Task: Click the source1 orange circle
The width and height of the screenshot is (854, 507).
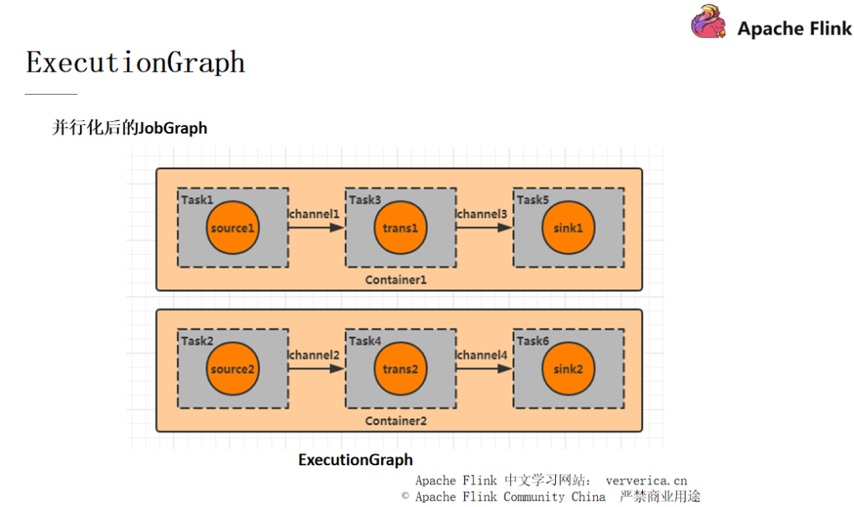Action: [x=232, y=228]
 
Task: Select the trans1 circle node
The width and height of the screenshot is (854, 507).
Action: [x=400, y=228]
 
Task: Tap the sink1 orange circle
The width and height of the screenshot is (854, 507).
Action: [x=568, y=228]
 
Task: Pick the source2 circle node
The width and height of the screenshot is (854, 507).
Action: [x=232, y=369]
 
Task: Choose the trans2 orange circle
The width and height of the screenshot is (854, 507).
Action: [x=400, y=369]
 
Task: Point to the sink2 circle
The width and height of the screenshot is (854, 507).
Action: [x=568, y=369]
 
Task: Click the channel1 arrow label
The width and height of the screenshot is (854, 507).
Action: [x=315, y=214]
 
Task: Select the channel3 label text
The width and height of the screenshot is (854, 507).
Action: [x=482, y=214]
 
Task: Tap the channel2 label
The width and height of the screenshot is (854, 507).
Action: [x=315, y=355]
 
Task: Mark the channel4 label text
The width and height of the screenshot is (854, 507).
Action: [x=482, y=355]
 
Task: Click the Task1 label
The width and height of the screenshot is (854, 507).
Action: [x=198, y=199]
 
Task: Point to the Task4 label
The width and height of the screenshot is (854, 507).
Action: [x=365, y=341]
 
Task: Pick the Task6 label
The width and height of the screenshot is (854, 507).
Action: [x=533, y=341]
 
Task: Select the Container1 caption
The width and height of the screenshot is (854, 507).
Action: [x=395, y=280]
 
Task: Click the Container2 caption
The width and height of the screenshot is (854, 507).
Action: [x=395, y=421]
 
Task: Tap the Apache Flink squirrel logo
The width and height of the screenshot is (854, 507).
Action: [x=709, y=23]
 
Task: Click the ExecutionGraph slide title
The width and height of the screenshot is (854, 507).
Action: [x=135, y=62]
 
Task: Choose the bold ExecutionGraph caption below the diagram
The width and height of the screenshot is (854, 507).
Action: [x=355, y=460]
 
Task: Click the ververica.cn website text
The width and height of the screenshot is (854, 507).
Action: [x=646, y=480]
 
